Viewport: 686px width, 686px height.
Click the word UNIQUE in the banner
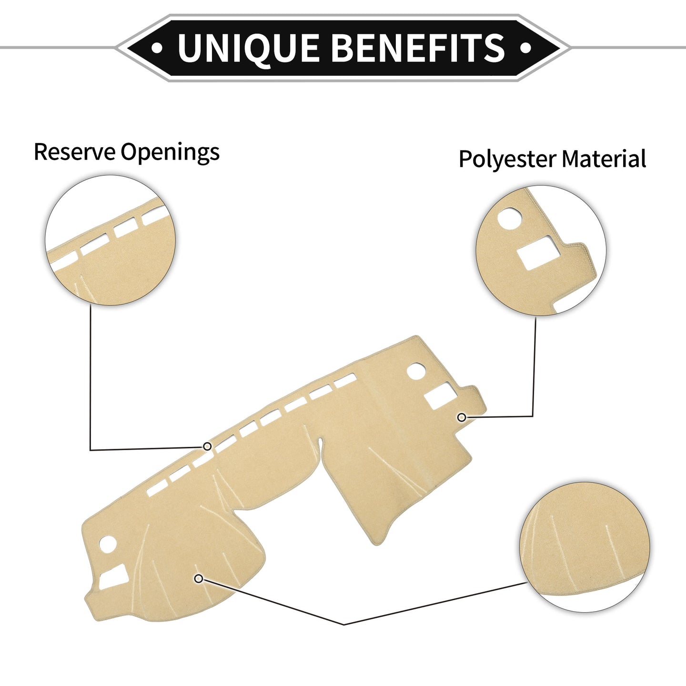[248, 48]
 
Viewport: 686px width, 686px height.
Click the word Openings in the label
[170, 153]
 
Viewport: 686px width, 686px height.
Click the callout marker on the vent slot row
[207, 446]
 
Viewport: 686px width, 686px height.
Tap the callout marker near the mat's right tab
[461, 417]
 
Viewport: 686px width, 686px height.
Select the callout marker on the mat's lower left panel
[199, 578]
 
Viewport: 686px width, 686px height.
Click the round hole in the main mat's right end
[416, 372]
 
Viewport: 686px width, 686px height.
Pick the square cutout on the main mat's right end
[441, 396]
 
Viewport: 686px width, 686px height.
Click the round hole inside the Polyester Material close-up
[510, 218]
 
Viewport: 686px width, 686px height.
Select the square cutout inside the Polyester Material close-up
[538, 252]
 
